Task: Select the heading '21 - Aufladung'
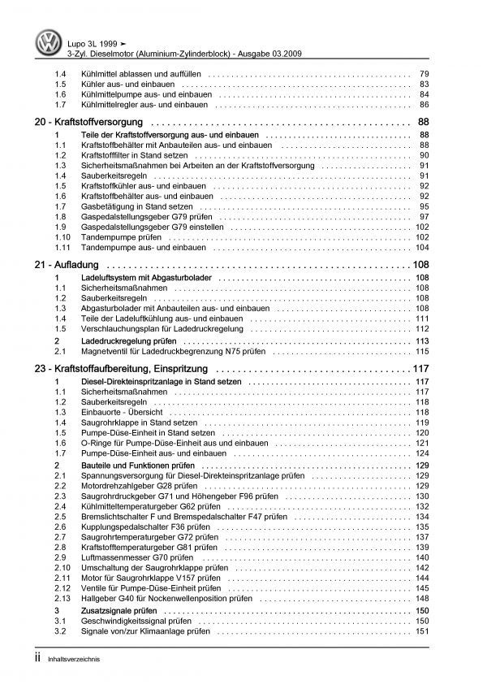pos(66,266)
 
